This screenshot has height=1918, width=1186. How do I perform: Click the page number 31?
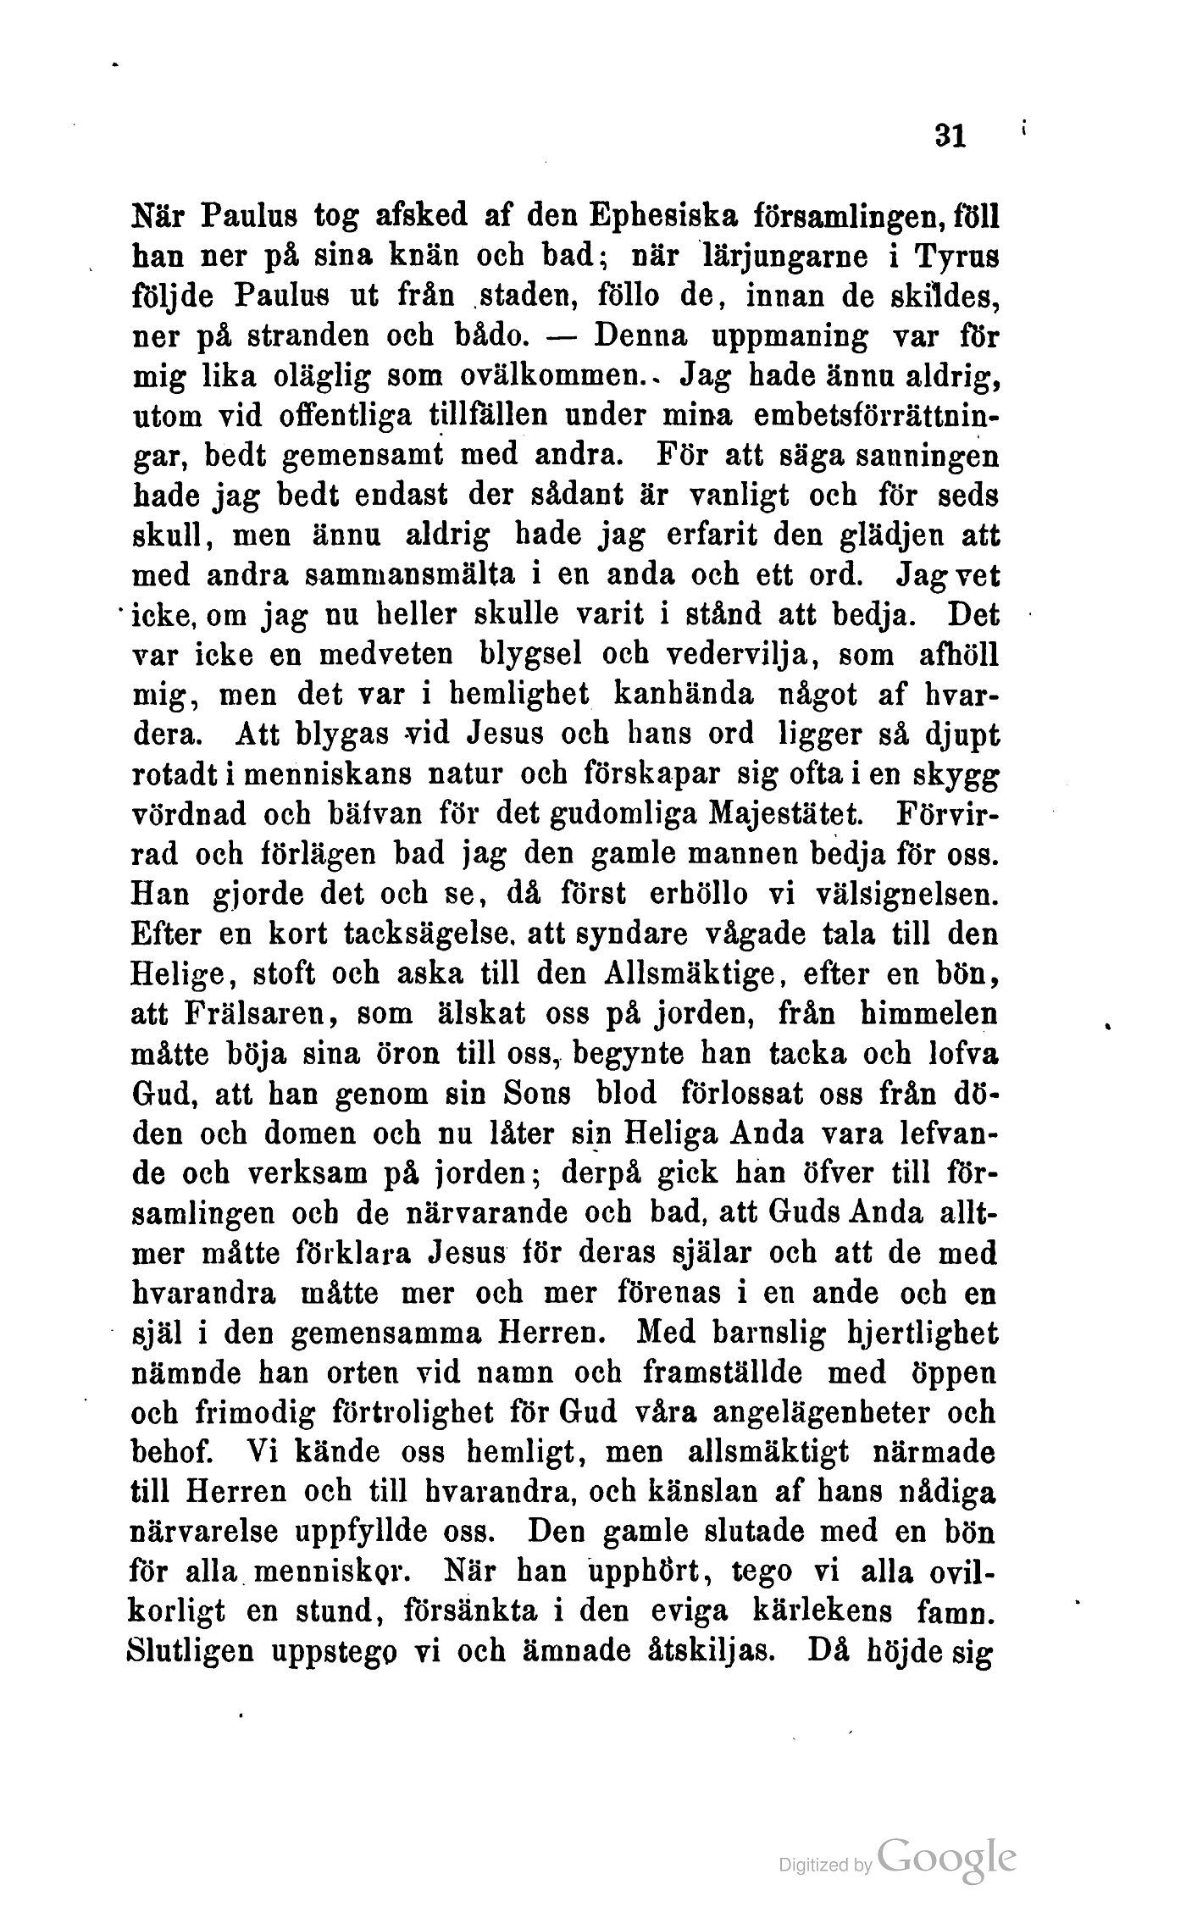point(950,136)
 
